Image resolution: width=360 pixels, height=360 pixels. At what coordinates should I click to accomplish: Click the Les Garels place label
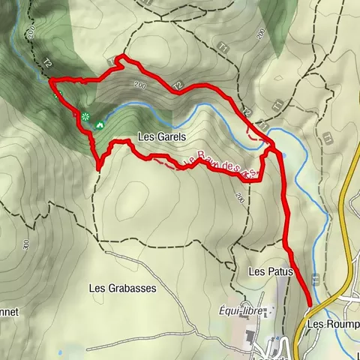(x=161, y=137)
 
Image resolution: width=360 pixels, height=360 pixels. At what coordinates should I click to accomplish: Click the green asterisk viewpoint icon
(x=85, y=116)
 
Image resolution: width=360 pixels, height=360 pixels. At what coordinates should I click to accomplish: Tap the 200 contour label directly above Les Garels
(x=139, y=86)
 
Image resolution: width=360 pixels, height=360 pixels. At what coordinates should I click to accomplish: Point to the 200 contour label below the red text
(x=239, y=198)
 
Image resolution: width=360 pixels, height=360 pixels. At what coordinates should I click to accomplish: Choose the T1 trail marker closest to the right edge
(x=328, y=138)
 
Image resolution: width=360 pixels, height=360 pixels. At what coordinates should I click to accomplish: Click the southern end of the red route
(x=308, y=304)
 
